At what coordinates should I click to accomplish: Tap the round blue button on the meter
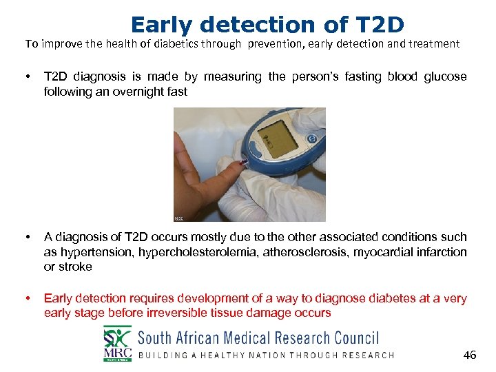pos(311,138)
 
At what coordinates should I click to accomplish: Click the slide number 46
pos(469,355)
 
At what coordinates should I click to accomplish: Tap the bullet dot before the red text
pos(27,298)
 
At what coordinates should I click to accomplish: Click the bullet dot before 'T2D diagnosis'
pos(27,77)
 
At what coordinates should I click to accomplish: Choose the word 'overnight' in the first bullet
pos(132,92)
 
